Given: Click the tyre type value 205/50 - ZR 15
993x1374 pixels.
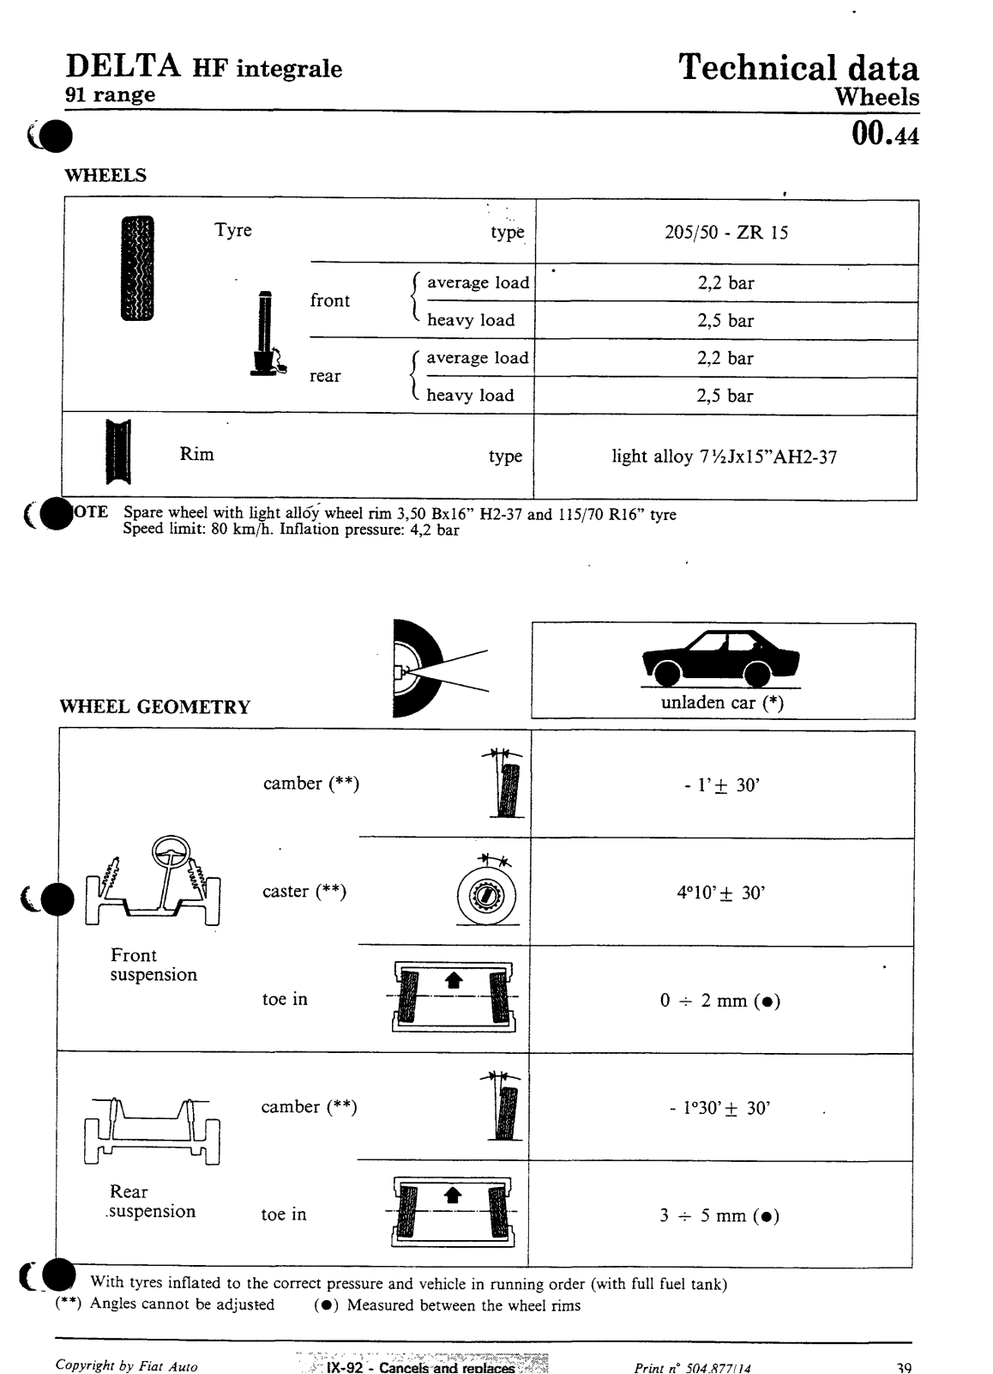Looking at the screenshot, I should pyautogui.click(x=725, y=233).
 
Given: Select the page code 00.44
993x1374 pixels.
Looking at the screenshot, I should pyautogui.click(x=885, y=136).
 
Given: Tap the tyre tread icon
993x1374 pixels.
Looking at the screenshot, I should pyautogui.click(x=136, y=268).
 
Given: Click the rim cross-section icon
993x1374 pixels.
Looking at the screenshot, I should pyautogui.click(x=117, y=452).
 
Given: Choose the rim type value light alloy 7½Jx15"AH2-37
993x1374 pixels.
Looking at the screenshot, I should pyautogui.click(x=724, y=457).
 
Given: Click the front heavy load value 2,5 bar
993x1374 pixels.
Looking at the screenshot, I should pyautogui.click(x=725, y=321).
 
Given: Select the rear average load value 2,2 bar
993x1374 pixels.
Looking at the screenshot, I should pyautogui.click(x=725, y=359).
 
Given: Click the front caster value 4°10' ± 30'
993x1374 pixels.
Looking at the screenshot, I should pyautogui.click(x=720, y=893).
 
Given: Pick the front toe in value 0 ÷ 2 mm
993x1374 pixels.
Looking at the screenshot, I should pyautogui.click(x=719, y=1001).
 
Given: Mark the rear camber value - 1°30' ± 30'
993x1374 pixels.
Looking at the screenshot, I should pyautogui.click(x=719, y=1108).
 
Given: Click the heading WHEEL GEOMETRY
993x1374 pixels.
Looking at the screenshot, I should pyautogui.click(x=155, y=707).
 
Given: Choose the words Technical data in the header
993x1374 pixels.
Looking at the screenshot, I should pyautogui.click(x=797, y=68).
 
